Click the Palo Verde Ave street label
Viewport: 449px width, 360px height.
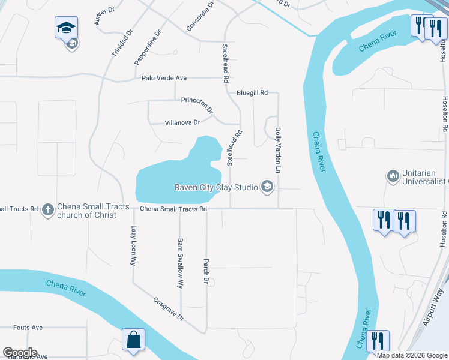point(164,78)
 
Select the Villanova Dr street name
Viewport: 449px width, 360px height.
point(182,122)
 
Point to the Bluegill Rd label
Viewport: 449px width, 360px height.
point(252,93)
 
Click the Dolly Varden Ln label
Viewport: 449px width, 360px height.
point(279,151)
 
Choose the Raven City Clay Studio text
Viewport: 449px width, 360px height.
point(215,187)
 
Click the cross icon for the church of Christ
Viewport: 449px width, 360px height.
point(47,210)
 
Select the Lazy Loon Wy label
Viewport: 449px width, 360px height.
point(134,246)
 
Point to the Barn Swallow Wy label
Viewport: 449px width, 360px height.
point(179,265)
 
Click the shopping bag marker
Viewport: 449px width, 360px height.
point(133,339)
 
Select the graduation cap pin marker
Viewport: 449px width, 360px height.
point(66,28)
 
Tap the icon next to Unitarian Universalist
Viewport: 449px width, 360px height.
point(393,176)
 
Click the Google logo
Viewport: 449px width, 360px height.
point(20,353)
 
